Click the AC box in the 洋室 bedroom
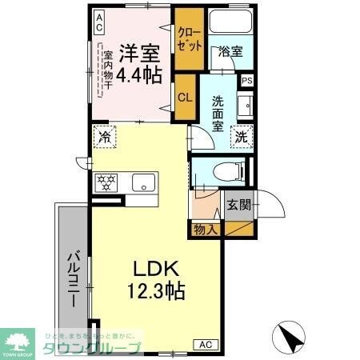[98, 22]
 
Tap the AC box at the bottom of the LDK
[205, 345]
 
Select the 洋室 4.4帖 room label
[141, 64]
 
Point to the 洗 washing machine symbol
[241, 137]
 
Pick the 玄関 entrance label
[238, 204]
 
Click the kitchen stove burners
[106, 182]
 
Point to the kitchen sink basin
[143, 182]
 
